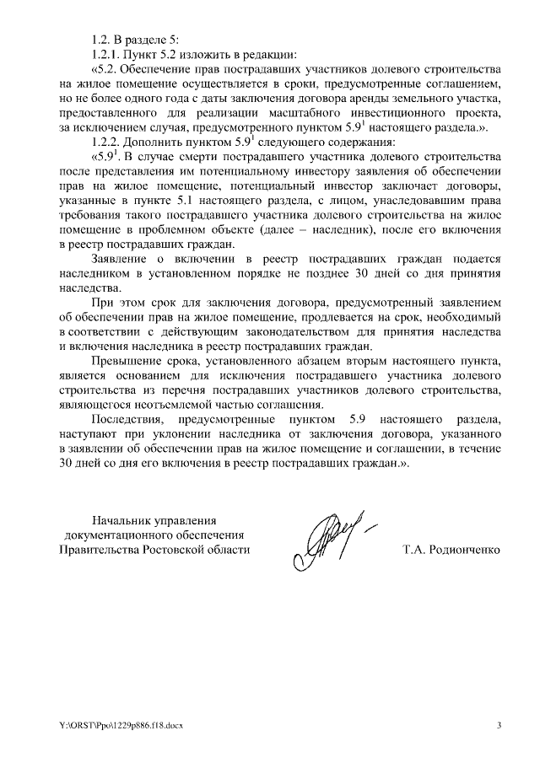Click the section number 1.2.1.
pos(107,55)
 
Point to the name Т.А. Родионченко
pos(452,550)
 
